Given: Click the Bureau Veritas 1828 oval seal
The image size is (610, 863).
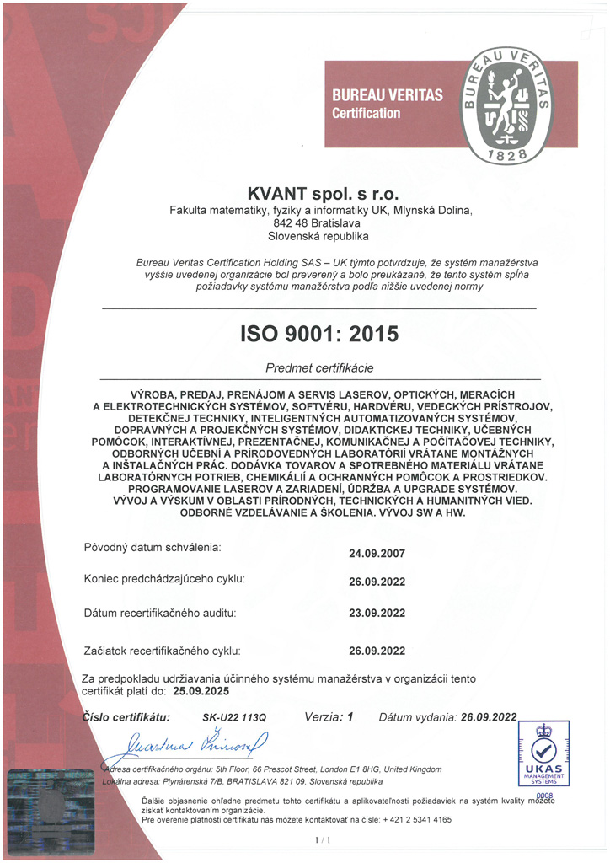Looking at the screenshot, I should tap(506, 105).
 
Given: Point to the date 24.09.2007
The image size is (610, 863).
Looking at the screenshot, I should tap(377, 554).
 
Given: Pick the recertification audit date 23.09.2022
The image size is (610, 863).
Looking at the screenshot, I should tap(377, 614).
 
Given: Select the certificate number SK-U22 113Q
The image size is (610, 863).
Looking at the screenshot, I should tap(234, 718).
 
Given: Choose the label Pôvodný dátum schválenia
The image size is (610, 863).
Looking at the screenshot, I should tap(152, 548).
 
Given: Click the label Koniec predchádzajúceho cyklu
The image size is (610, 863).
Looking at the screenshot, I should tap(163, 579).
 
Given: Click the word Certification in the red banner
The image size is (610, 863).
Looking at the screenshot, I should tap(366, 113).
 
